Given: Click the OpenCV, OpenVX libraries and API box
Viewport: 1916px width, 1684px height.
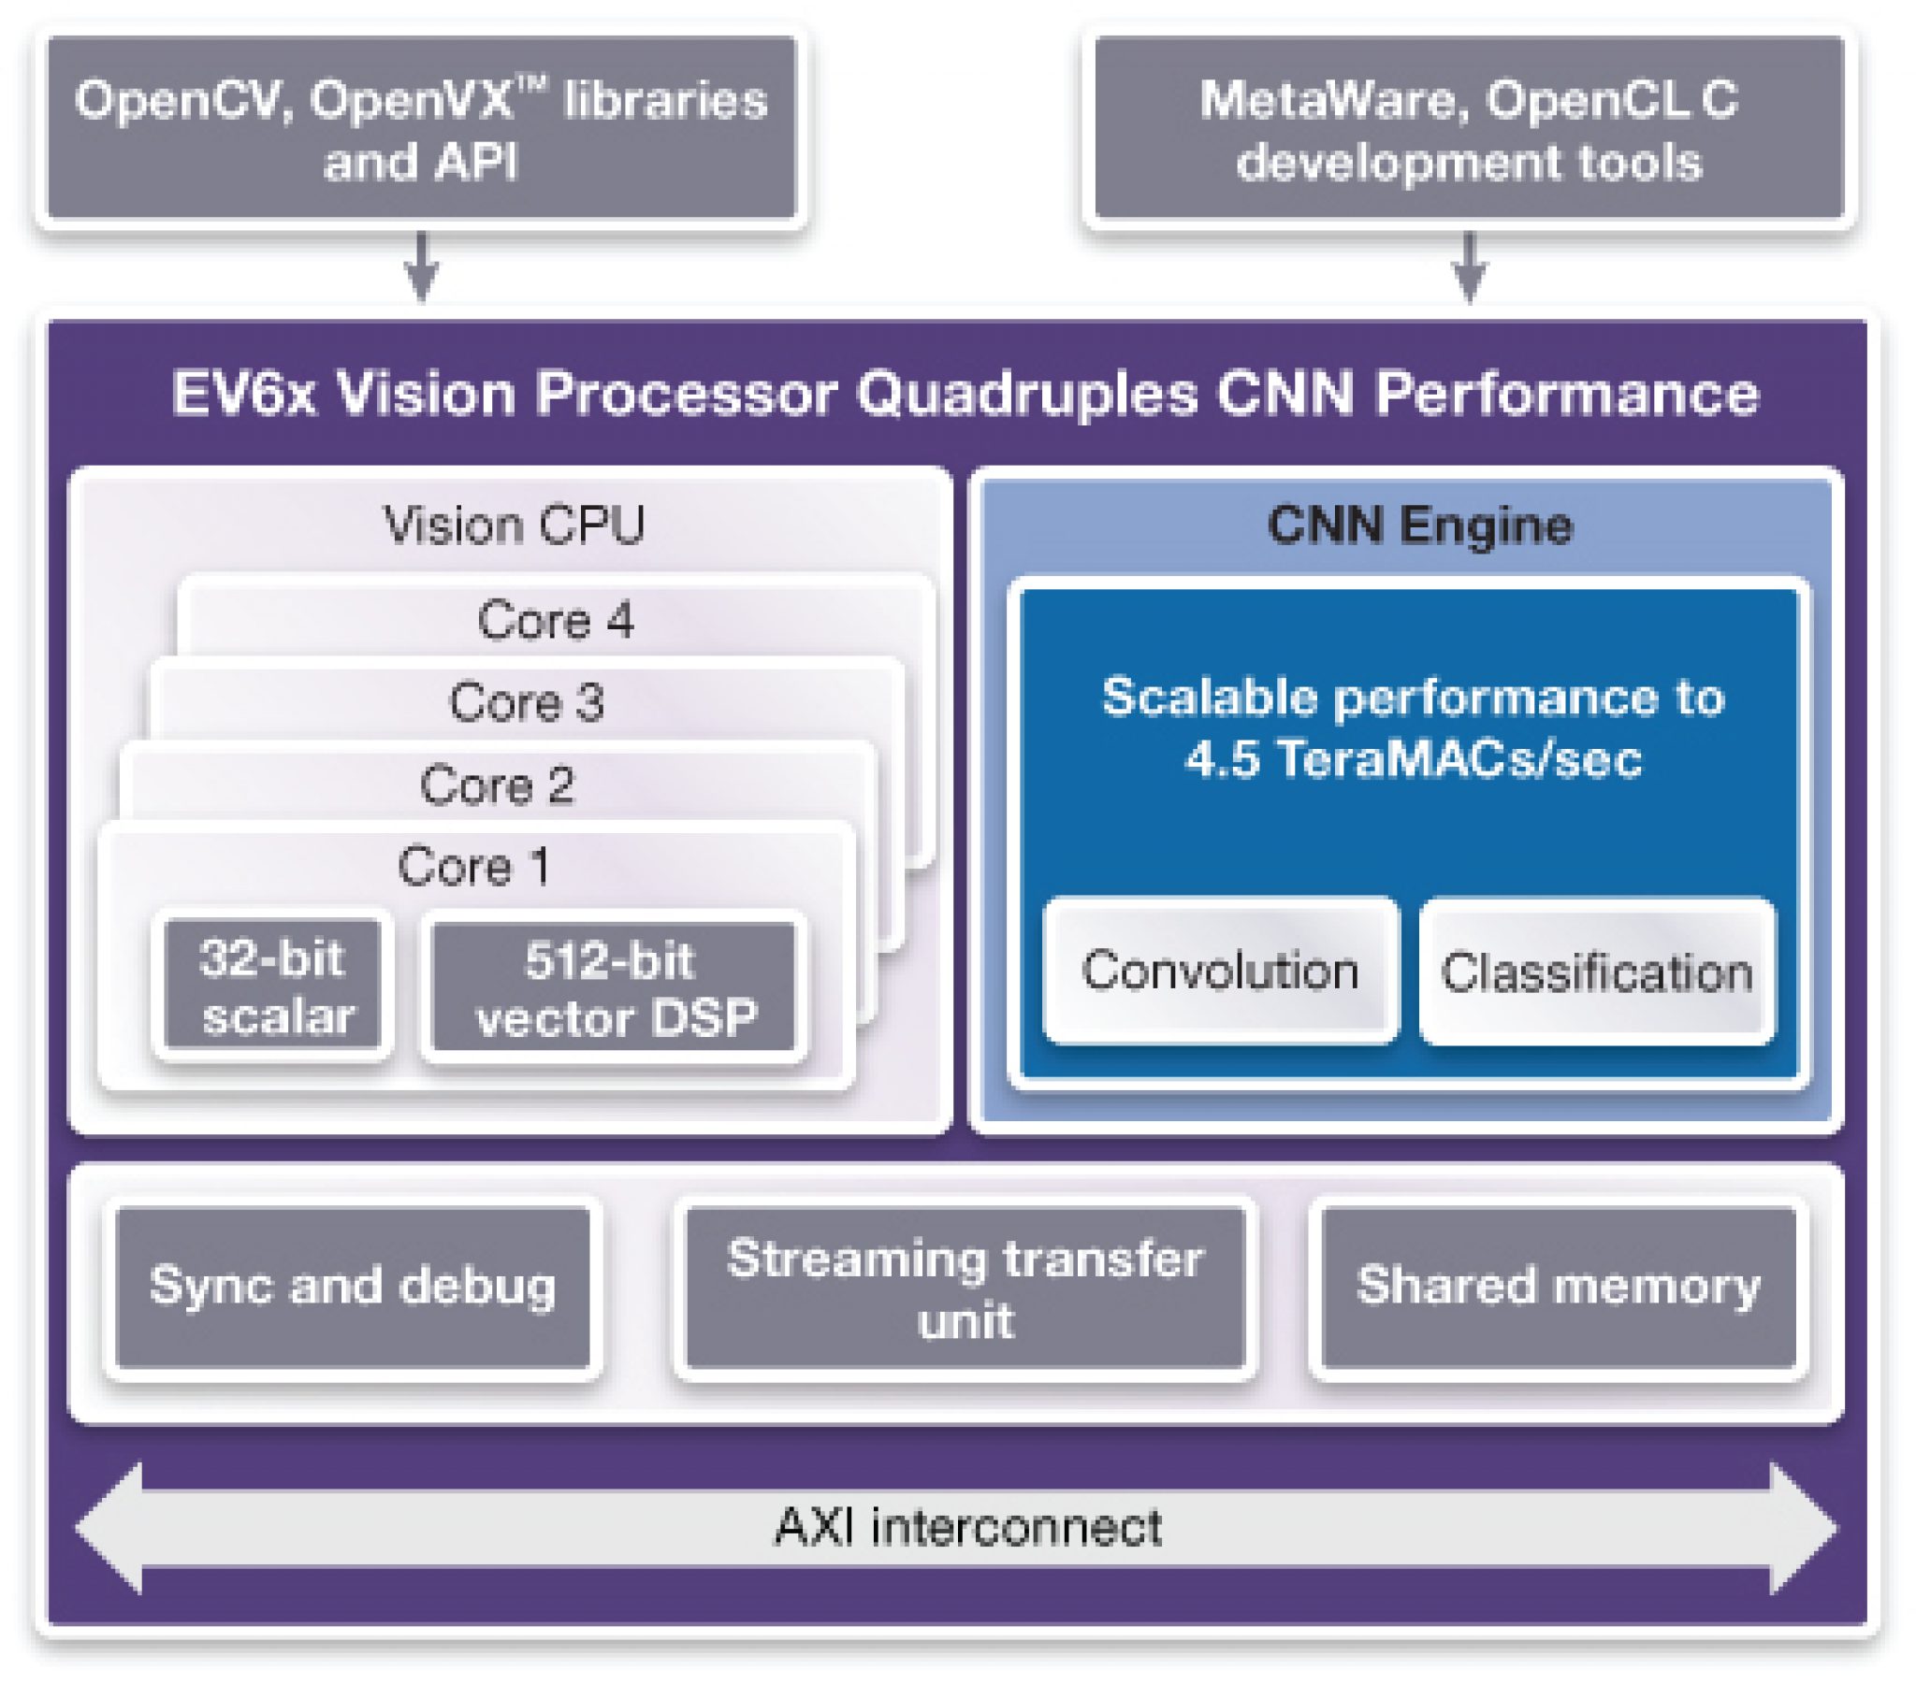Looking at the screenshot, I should pyautogui.click(x=422, y=128).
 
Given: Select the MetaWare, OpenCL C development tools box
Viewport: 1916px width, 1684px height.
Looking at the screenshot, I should pyautogui.click(x=1469, y=128).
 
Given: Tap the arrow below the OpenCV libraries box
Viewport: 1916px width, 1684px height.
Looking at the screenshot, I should pyautogui.click(x=422, y=266).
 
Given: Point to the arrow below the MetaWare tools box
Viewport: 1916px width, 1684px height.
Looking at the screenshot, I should pyautogui.click(x=1469, y=266).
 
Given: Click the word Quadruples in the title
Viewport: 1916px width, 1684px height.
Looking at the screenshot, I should pyautogui.click(x=1025, y=394).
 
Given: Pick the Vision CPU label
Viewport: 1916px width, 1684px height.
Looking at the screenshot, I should pyautogui.click(x=514, y=525).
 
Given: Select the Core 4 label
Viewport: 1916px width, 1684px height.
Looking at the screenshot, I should pyautogui.click(x=555, y=619).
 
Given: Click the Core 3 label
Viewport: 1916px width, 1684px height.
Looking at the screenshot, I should pyautogui.click(x=526, y=702).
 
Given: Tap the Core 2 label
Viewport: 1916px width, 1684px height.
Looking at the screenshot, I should pyautogui.click(x=497, y=784).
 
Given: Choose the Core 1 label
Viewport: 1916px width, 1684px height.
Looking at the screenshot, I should pyautogui.click(x=473, y=866).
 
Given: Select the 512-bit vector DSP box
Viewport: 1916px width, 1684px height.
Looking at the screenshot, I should pyautogui.click(x=614, y=987).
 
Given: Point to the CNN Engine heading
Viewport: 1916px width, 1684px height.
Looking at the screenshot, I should pyautogui.click(x=1419, y=525).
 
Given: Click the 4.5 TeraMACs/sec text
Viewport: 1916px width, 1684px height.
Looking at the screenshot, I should pyautogui.click(x=1413, y=758).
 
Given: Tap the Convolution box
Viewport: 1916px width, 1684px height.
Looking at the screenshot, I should pyautogui.click(x=1220, y=971).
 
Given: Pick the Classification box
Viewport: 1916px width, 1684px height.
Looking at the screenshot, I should pyautogui.click(x=1596, y=972).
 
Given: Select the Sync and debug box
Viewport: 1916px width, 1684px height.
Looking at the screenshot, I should pyautogui.click(x=353, y=1286).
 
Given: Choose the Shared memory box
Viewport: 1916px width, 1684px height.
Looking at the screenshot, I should pyautogui.click(x=1557, y=1286).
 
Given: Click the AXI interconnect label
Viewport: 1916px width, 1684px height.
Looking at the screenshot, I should pyautogui.click(x=966, y=1528).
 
